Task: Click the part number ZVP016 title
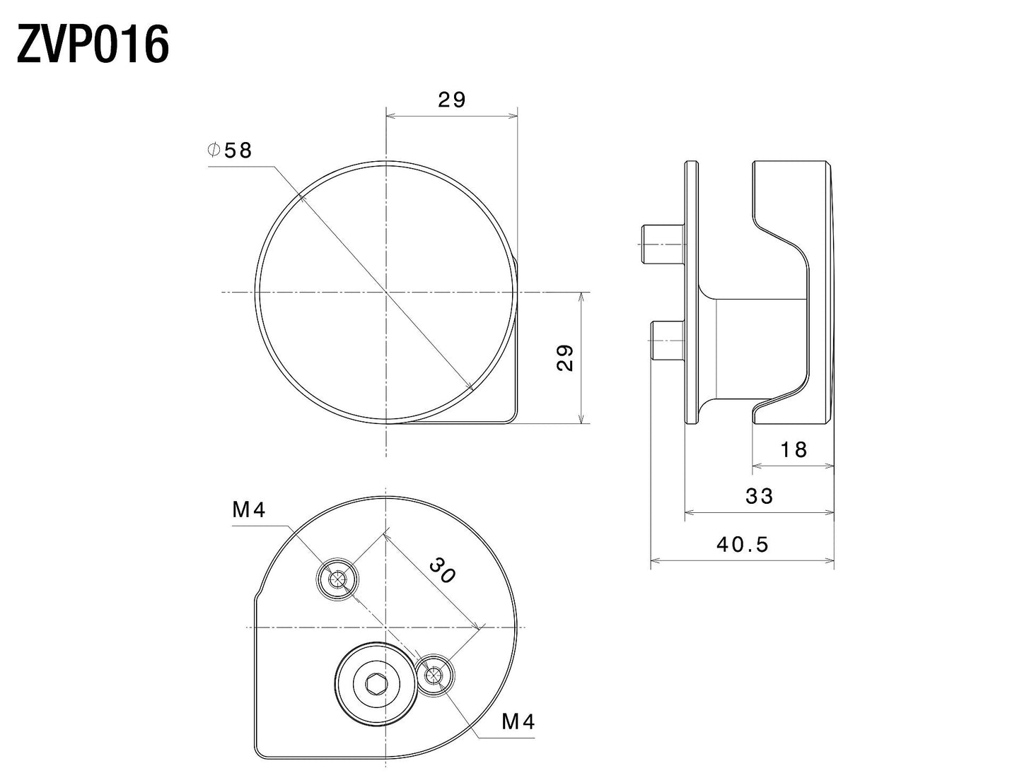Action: pos(93,46)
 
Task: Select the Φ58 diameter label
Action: pos(230,150)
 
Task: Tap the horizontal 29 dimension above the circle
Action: pos(452,100)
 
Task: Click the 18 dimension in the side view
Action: pos(794,449)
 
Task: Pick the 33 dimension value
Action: pos(760,497)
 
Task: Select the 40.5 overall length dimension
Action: pos(742,544)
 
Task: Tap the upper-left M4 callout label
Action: pos(249,509)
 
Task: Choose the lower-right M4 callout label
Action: pos(518,721)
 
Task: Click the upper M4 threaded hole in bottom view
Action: pos(337,580)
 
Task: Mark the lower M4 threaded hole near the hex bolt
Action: pos(433,676)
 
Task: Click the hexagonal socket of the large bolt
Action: pos(375,683)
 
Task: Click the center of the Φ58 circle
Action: pos(385,291)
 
